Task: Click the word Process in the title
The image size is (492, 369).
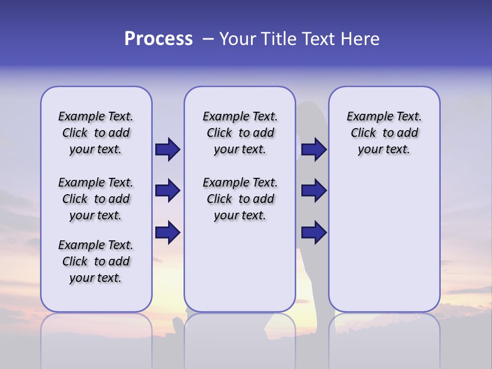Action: [158, 39]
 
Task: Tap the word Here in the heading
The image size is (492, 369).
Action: [360, 39]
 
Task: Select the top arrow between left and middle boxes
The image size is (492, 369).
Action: [168, 149]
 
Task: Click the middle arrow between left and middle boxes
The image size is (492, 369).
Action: [168, 191]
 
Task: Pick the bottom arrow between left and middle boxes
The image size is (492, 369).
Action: [168, 232]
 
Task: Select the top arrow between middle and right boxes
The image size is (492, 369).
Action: [314, 149]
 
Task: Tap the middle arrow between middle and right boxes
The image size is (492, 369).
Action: [314, 191]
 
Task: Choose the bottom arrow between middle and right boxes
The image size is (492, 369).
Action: [314, 232]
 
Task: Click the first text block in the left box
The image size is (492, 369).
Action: [96, 133]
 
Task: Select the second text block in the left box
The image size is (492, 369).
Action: [96, 199]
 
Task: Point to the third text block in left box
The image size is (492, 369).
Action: [96, 261]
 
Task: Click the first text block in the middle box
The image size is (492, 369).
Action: [240, 133]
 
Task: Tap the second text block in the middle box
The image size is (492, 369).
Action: [240, 199]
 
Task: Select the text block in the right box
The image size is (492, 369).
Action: [384, 133]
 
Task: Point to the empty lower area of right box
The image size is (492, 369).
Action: [384, 241]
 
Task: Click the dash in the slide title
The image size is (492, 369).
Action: [208, 39]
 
